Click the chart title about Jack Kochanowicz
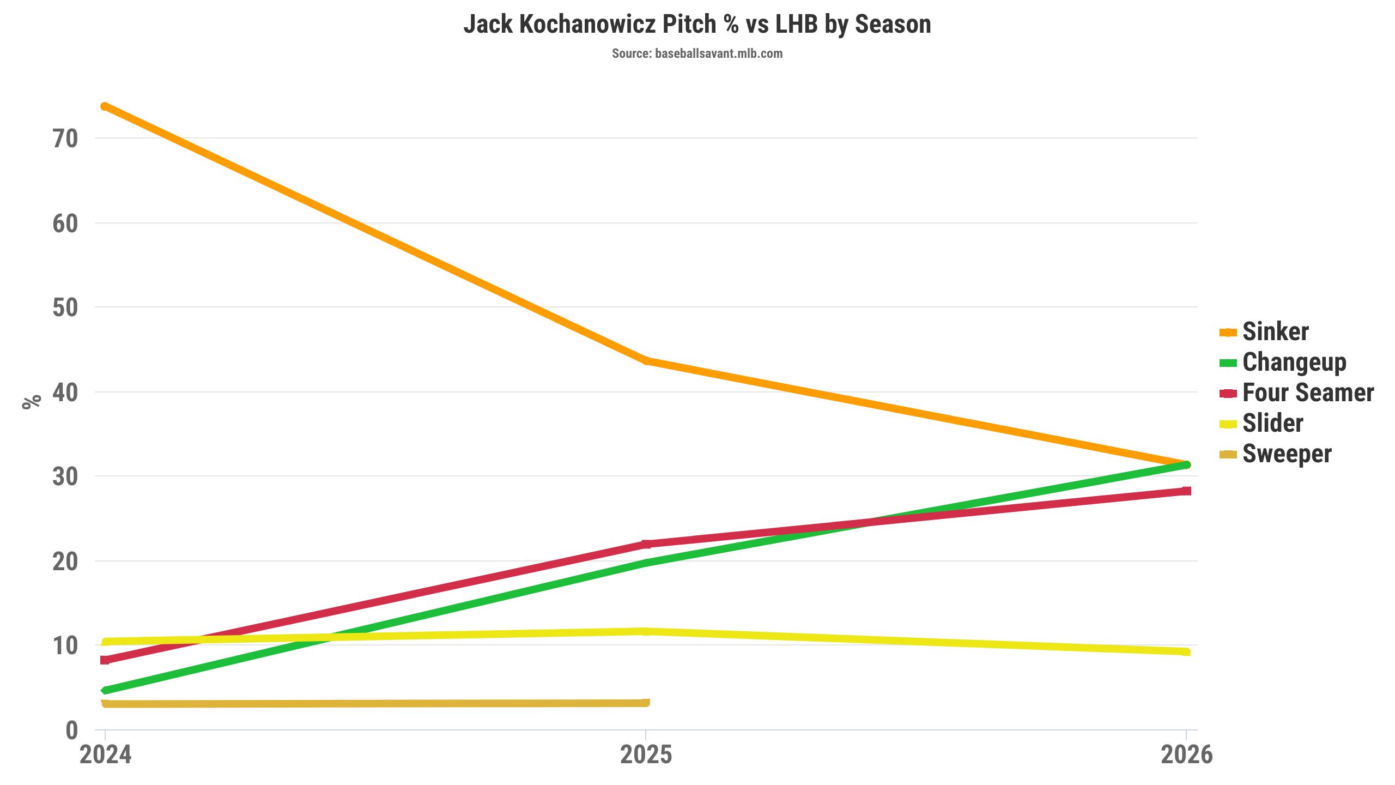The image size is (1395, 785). [697, 25]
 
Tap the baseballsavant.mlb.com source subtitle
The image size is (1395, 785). [697, 53]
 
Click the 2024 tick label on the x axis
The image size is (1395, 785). [105, 755]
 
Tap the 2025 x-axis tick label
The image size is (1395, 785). [646, 755]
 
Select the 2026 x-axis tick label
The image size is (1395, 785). [1186, 755]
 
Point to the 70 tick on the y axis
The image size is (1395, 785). [65, 139]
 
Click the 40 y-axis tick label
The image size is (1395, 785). [65, 392]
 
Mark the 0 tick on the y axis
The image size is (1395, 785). [72, 730]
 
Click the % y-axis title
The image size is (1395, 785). [32, 401]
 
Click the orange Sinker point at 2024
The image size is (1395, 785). [105, 106]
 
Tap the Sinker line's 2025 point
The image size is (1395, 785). [646, 360]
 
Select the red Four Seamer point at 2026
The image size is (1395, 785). [1186, 491]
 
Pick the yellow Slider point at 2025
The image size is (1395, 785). [646, 631]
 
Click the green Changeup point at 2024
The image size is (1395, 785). [105, 691]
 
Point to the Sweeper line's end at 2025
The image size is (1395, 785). [646, 703]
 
